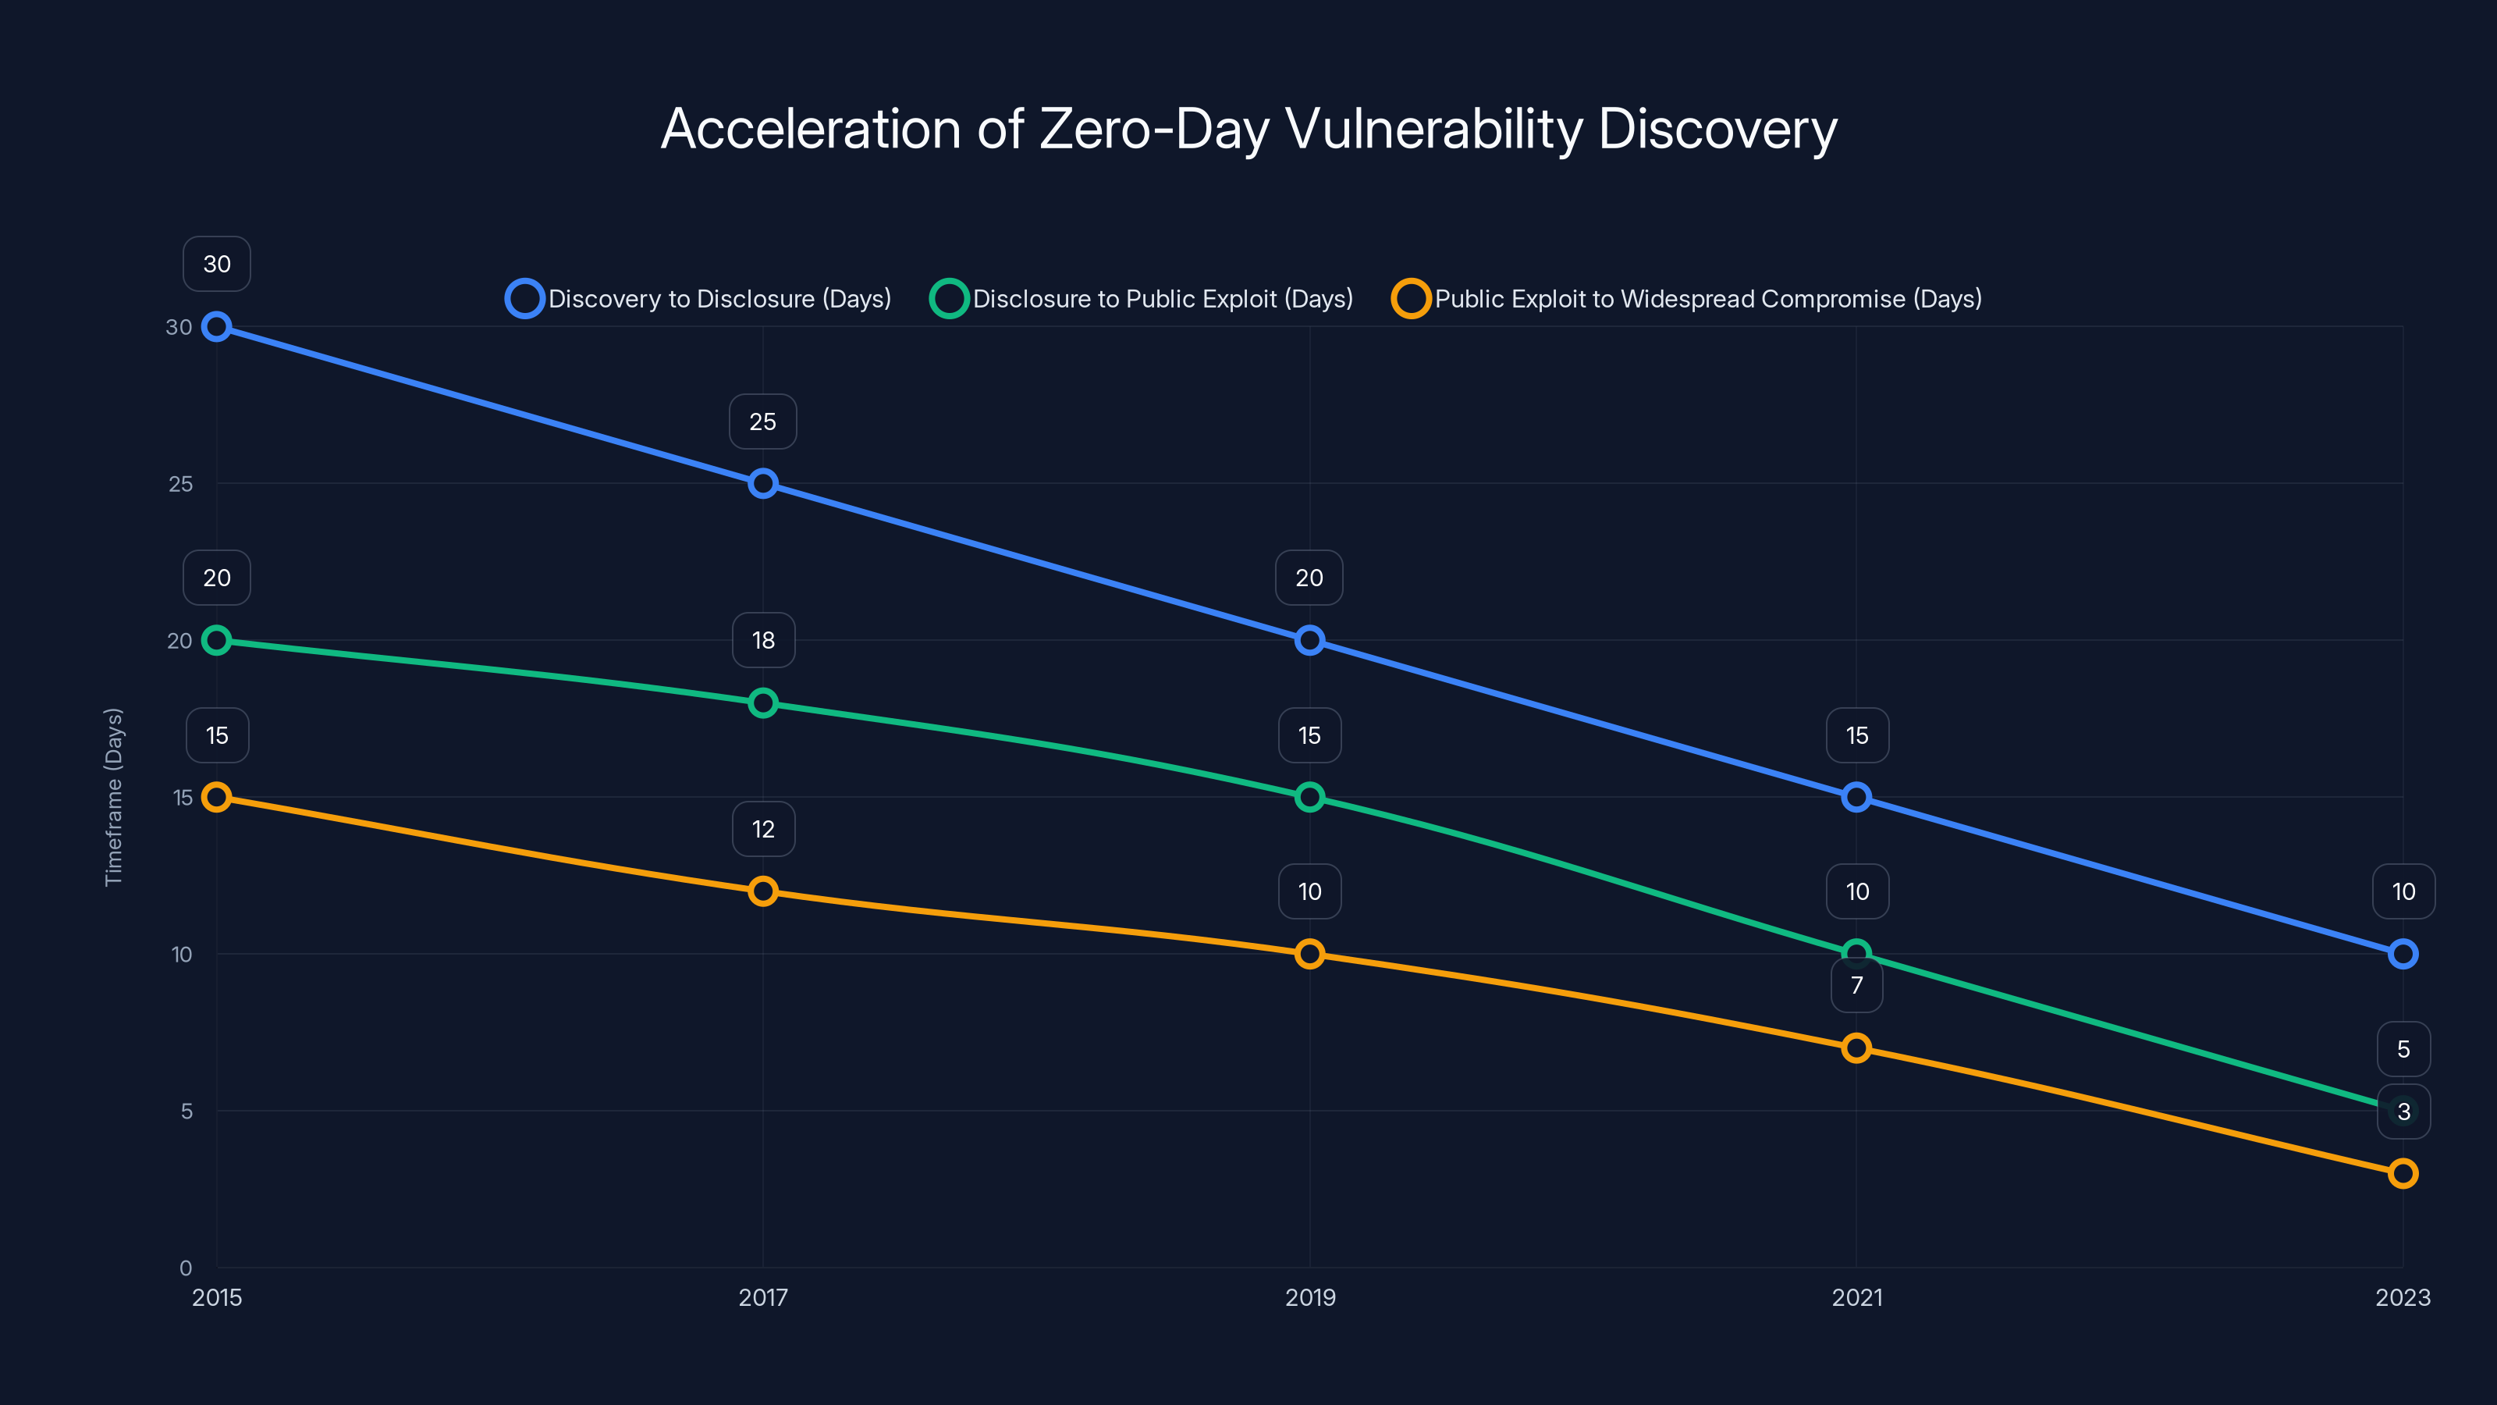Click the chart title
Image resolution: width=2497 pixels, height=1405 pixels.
tap(1248, 129)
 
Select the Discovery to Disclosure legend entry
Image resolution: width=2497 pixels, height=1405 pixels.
tap(698, 299)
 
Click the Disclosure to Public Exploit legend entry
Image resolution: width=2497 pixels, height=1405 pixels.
tap(1142, 299)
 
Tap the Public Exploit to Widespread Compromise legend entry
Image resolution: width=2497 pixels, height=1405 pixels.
tap(1686, 299)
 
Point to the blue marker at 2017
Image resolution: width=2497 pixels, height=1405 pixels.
tap(763, 483)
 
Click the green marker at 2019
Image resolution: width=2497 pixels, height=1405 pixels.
tap(1309, 797)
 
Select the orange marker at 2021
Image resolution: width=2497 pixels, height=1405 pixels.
tap(1856, 1048)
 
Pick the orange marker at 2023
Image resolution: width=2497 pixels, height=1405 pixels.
tap(2403, 1173)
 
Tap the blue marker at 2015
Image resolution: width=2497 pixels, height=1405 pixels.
tap(216, 327)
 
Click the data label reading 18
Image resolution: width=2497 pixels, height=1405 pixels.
tap(763, 640)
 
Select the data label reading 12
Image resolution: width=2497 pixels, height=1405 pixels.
tap(763, 829)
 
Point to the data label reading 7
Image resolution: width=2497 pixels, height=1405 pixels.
tap(1856, 985)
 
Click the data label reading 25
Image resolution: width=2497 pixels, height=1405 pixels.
tap(763, 421)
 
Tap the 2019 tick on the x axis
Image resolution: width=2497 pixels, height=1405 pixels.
tap(1309, 1297)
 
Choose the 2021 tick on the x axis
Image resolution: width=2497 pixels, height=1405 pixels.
tap(1856, 1297)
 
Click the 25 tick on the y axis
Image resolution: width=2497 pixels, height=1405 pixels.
tap(180, 484)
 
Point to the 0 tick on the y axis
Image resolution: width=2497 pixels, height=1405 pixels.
tap(185, 1268)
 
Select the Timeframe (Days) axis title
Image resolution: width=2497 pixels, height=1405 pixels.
tap(113, 797)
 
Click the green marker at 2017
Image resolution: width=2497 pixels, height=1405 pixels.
tap(763, 703)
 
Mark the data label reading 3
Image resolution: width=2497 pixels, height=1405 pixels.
tap(2403, 1112)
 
